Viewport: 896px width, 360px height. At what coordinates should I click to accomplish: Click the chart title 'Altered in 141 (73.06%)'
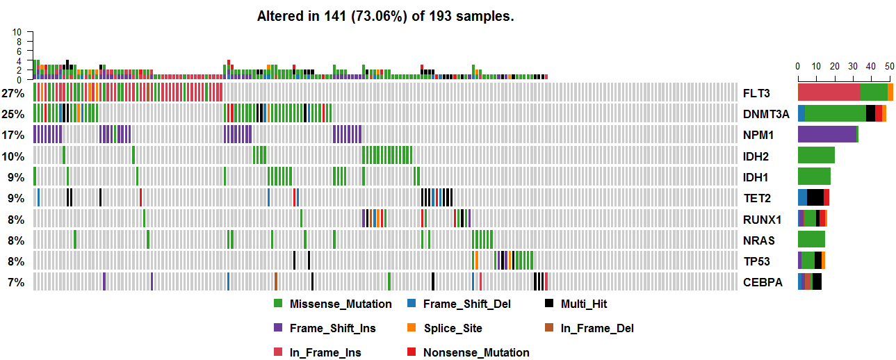point(385,16)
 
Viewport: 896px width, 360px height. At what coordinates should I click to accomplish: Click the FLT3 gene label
point(756,93)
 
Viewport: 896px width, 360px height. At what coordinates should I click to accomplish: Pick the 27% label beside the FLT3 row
point(13,93)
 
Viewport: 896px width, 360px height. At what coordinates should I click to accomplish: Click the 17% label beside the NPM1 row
point(13,135)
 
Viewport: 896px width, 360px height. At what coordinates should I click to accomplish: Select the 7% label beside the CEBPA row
point(16,282)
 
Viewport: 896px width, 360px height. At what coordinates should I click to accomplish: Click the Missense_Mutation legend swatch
point(278,304)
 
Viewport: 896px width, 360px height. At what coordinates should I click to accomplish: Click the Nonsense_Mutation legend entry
point(476,352)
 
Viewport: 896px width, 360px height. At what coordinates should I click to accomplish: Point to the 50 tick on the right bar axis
point(888,66)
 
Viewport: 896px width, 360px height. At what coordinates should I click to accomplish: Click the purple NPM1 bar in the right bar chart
point(826,135)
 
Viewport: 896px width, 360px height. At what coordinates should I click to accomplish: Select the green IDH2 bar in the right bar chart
point(816,156)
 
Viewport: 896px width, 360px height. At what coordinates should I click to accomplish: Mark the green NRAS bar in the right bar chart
point(811,240)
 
